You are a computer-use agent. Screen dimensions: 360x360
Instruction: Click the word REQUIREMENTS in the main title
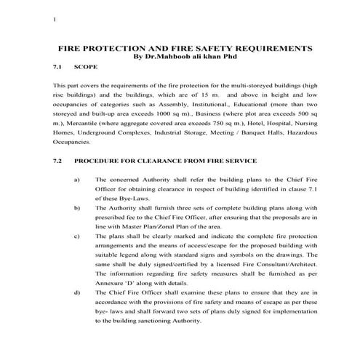pos(269,47)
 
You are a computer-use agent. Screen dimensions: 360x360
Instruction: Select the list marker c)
pos(77,236)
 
